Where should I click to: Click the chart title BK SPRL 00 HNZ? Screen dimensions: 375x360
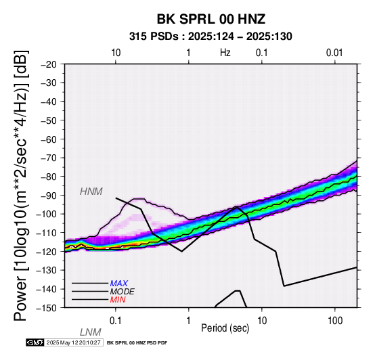(x=211, y=19)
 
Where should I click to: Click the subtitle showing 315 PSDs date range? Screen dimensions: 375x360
(x=211, y=37)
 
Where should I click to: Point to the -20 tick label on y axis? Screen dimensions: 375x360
(x=49, y=64)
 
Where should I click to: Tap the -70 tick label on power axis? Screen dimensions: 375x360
(x=49, y=158)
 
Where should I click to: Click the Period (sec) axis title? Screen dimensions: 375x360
(x=225, y=328)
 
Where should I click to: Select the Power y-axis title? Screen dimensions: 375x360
(x=20, y=185)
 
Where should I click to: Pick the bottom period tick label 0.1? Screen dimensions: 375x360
(x=116, y=321)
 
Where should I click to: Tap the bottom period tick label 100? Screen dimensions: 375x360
(x=335, y=321)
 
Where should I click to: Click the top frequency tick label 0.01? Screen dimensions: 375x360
(x=334, y=53)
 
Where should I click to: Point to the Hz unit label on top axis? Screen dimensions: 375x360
(x=225, y=53)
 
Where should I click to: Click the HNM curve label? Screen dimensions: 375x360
(x=91, y=192)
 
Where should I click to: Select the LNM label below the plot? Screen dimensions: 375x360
(x=91, y=332)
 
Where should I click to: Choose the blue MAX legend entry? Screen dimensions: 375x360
(x=119, y=284)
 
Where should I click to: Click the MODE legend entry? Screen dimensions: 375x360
(x=123, y=292)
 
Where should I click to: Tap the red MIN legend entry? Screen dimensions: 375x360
(x=118, y=300)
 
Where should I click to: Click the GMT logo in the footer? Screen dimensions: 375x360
(x=35, y=342)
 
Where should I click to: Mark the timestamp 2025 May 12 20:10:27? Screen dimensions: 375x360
(x=73, y=342)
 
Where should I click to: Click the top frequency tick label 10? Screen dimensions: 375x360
(x=116, y=53)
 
